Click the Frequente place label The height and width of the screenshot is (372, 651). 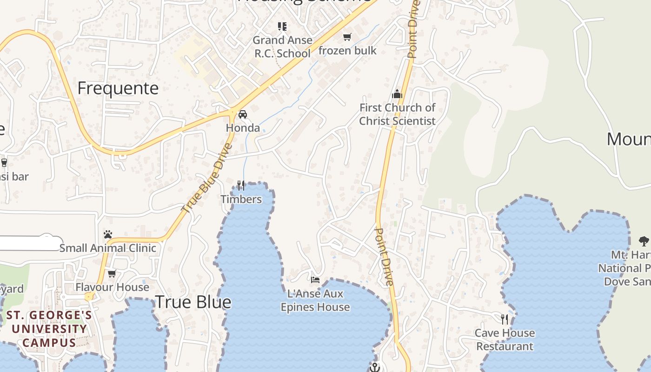coord(118,88)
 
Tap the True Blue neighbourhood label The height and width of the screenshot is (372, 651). coord(193,302)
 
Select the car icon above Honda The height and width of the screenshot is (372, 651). coord(243,114)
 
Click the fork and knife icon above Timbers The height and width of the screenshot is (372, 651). coord(241,186)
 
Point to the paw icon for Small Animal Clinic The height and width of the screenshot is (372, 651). coord(108,234)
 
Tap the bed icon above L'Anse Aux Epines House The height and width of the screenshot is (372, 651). coord(315,280)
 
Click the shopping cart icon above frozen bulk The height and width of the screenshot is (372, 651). coord(347,37)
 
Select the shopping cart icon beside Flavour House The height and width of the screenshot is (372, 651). coord(112,273)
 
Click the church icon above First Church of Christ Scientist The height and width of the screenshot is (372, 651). coord(397,94)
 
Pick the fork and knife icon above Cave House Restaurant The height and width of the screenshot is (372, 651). coord(505,319)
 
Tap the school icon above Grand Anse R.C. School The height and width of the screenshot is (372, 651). coord(282,27)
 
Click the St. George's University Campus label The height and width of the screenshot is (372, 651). coord(49,329)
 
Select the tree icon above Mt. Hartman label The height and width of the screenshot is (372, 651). coord(644,241)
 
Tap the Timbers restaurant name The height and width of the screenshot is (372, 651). coord(241,199)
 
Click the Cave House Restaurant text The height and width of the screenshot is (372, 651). coord(505,340)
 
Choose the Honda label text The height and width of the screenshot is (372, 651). coord(243,128)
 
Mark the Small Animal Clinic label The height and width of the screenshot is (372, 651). coord(108,248)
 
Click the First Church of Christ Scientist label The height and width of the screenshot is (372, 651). coord(397,114)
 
